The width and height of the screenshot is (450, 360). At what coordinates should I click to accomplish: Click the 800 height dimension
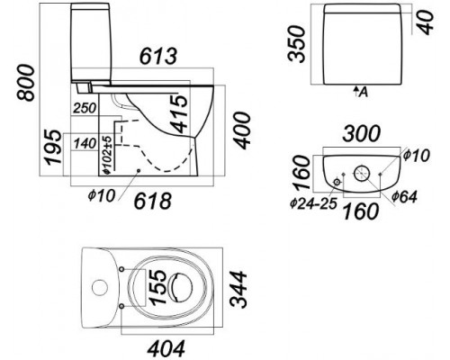[26, 83]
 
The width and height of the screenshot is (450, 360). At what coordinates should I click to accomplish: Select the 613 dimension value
[158, 56]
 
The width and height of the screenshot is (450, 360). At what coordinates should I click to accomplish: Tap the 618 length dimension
[153, 201]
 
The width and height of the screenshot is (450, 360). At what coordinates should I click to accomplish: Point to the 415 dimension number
[181, 113]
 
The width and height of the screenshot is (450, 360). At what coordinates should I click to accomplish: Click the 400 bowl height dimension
[242, 130]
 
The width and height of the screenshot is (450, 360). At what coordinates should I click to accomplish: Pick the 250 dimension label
[85, 108]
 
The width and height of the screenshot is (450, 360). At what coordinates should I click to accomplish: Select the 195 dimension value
[53, 147]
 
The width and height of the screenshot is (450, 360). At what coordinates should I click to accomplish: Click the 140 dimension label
[85, 143]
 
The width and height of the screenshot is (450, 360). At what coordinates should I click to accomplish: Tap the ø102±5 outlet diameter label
[108, 155]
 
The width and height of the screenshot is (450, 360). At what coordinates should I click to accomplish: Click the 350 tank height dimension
[296, 44]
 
